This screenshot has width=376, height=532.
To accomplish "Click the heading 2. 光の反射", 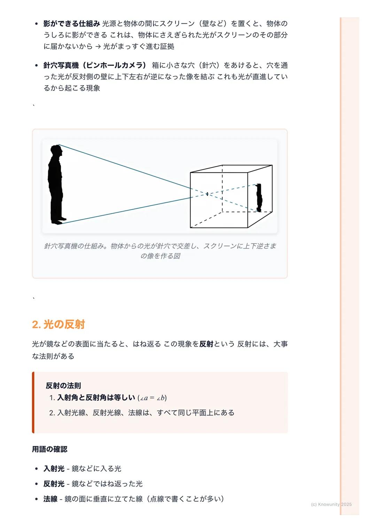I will tap(58, 324).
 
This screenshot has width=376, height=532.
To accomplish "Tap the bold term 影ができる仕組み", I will tap(72, 24).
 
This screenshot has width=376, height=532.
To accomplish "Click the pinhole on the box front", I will tap(207, 194).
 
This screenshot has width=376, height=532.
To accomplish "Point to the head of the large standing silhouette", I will tap(56, 150).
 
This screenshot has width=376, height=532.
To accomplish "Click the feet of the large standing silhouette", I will tap(59, 221).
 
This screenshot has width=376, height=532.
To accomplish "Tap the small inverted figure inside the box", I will tap(259, 197).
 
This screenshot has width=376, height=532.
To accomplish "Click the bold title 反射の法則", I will tap(63, 385).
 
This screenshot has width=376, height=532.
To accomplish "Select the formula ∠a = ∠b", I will tap(152, 398).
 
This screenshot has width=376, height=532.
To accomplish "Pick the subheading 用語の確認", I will tap(50, 449).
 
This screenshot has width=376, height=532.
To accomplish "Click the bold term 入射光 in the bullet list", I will tap(54, 469).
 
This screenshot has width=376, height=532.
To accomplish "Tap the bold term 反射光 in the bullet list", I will tap(54, 484).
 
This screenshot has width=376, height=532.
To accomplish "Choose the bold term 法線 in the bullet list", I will tap(50, 499).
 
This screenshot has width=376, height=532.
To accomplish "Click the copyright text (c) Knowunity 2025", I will tap(331, 504).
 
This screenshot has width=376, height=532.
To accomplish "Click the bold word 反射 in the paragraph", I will tap(206, 344).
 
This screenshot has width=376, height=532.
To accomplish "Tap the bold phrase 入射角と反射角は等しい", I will tap(96, 398).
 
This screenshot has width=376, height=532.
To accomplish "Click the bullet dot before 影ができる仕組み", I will tap(37, 24).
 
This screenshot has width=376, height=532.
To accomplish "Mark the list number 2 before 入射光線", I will tap(52, 413).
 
